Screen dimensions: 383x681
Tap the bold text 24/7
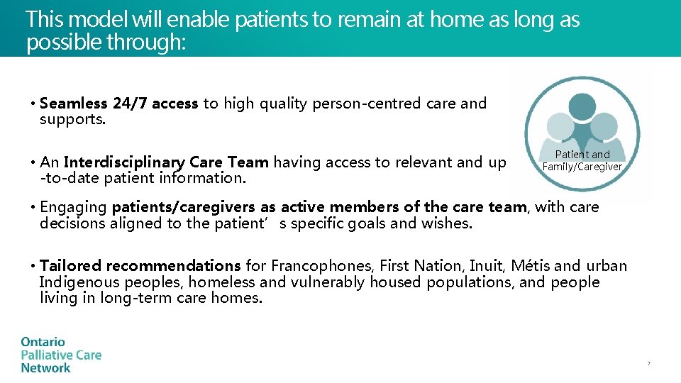click(130, 104)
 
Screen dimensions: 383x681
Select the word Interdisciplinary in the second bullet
click(124, 162)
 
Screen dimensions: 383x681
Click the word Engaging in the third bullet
click(73, 207)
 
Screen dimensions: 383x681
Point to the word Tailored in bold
click(70, 266)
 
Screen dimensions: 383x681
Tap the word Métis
click(531, 266)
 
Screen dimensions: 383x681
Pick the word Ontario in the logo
click(43, 343)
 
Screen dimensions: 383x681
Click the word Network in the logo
click(45, 368)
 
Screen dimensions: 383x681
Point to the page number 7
click(648, 364)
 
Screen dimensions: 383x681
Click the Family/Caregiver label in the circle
click(582, 167)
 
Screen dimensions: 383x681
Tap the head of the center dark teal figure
click(582, 106)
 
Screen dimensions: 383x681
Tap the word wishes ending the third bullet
click(448, 224)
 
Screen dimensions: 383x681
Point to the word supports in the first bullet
click(71, 119)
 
